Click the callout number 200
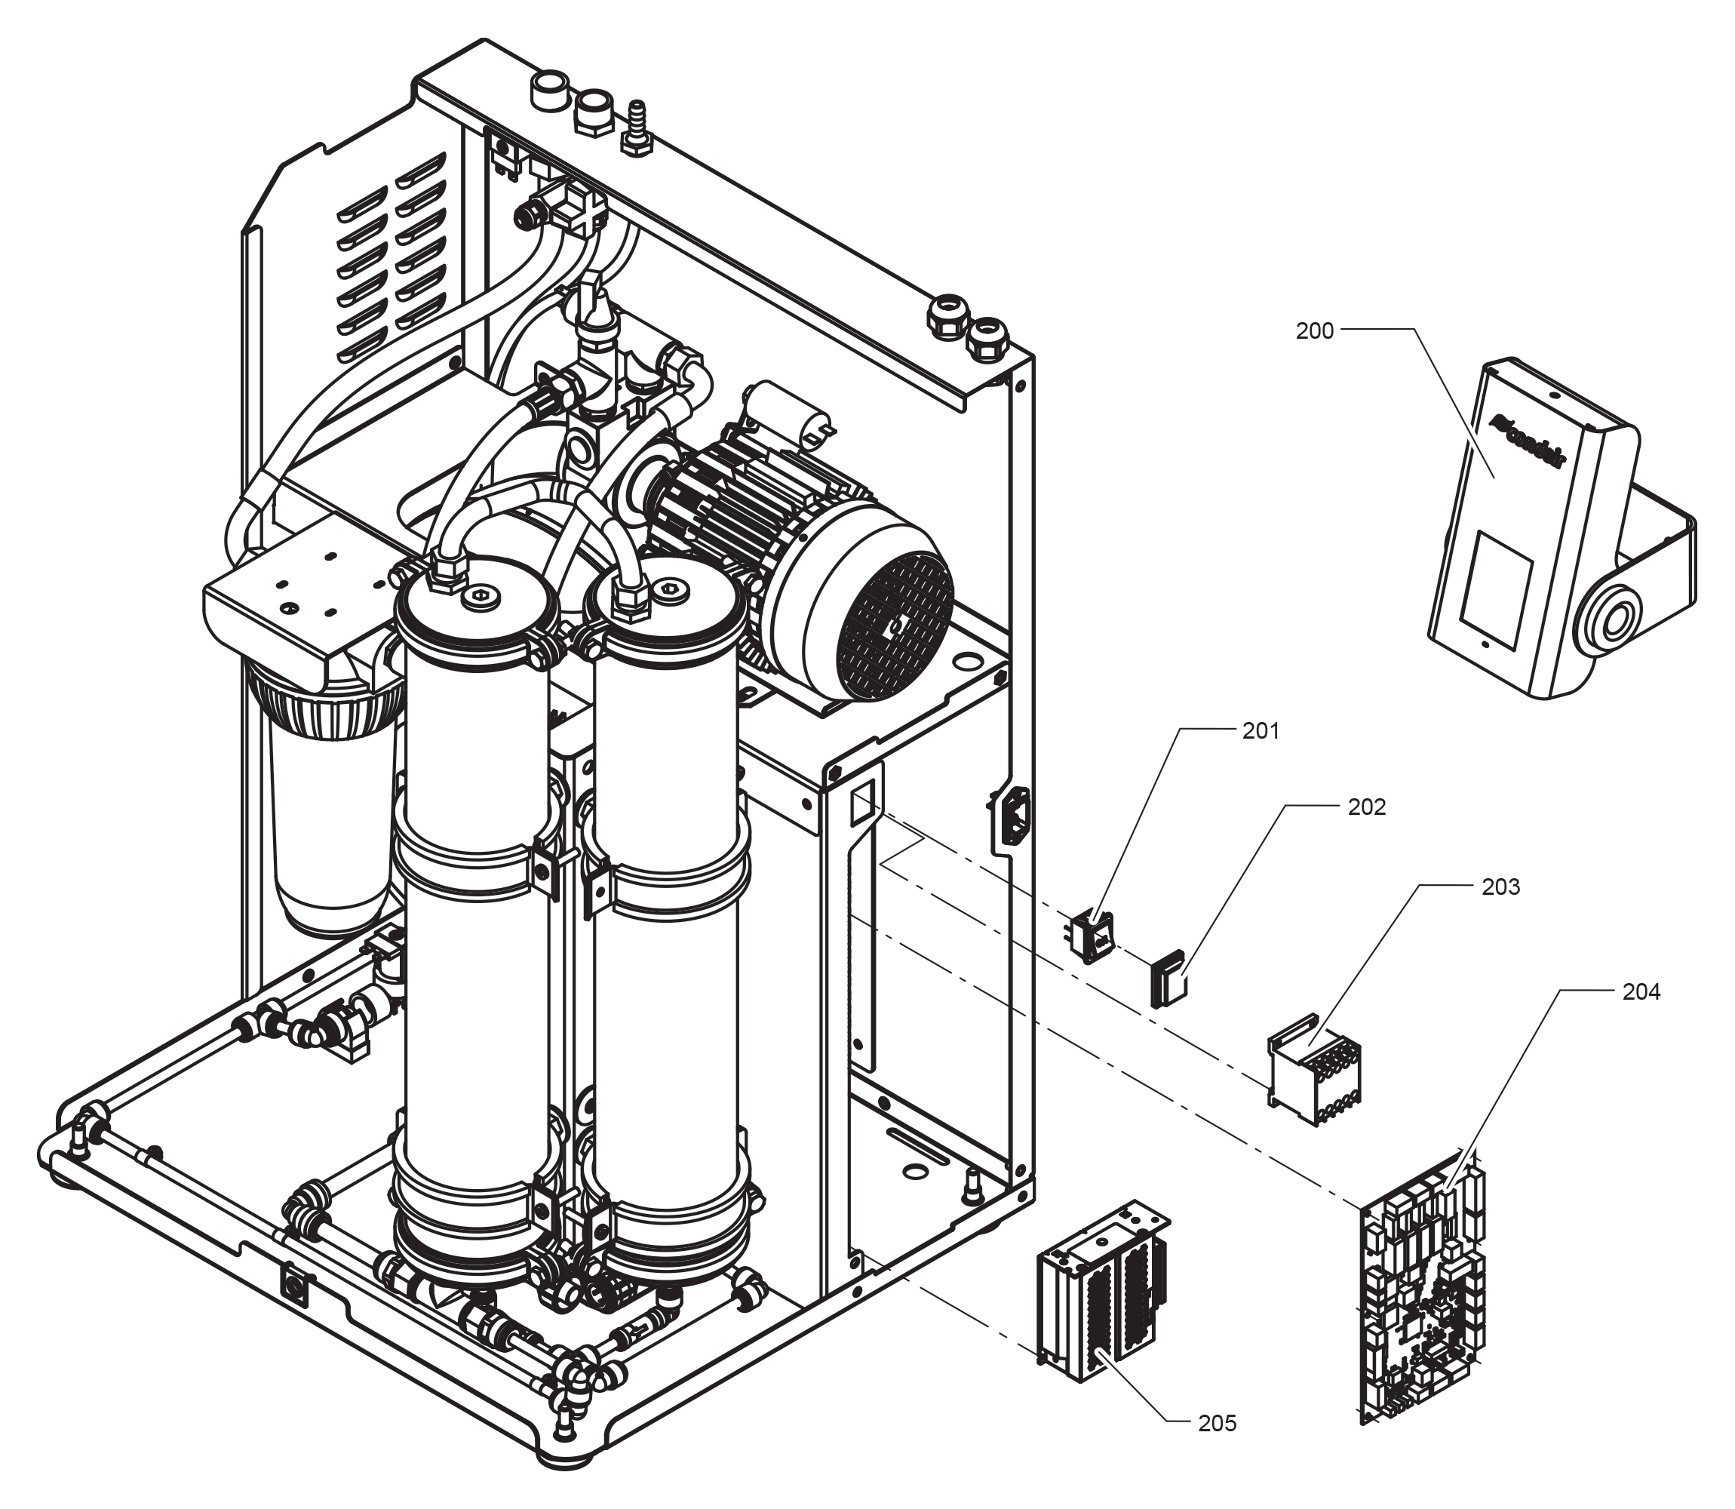pyautogui.click(x=1314, y=331)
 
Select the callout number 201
pyautogui.click(x=1261, y=731)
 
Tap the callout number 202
pyautogui.click(x=1366, y=807)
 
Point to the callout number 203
pyautogui.click(x=1500, y=887)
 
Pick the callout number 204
pyautogui.click(x=1641, y=992)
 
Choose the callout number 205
pyautogui.click(x=1218, y=1423)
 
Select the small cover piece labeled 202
pyautogui.click(x=1168, y=979)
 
